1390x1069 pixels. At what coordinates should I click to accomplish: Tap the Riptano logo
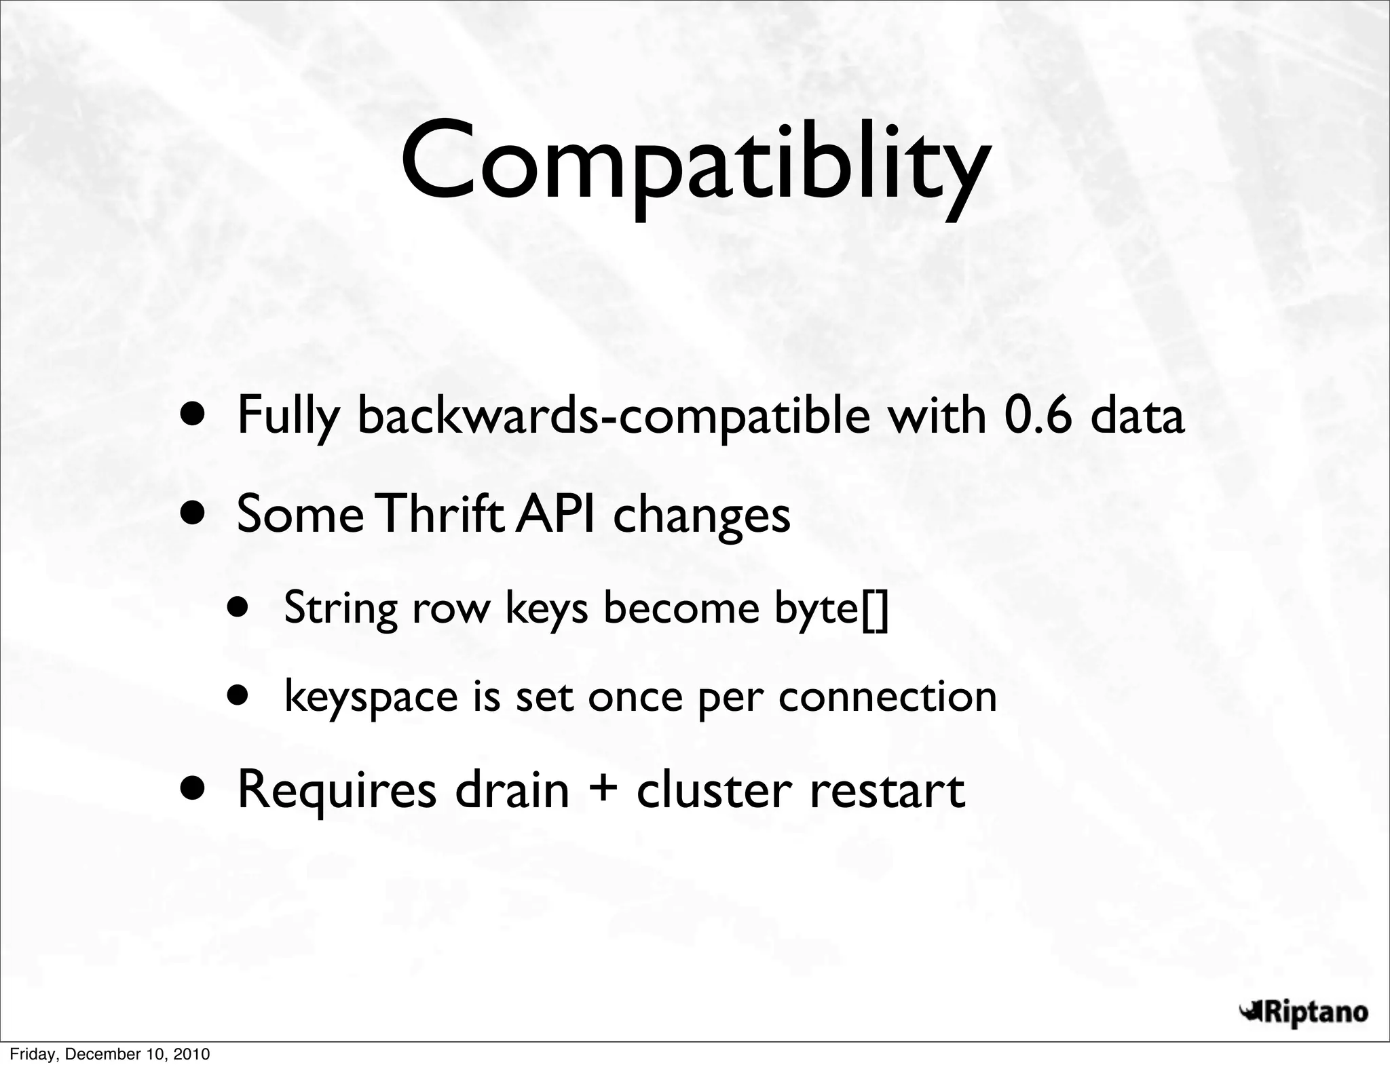click(x=1302, y=1013)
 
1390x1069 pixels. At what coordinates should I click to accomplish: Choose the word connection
click(x=887, y=696)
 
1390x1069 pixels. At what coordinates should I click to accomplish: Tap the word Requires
click(x=337, y=791)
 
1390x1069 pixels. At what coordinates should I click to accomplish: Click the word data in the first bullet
click(x=1137, y=415)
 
